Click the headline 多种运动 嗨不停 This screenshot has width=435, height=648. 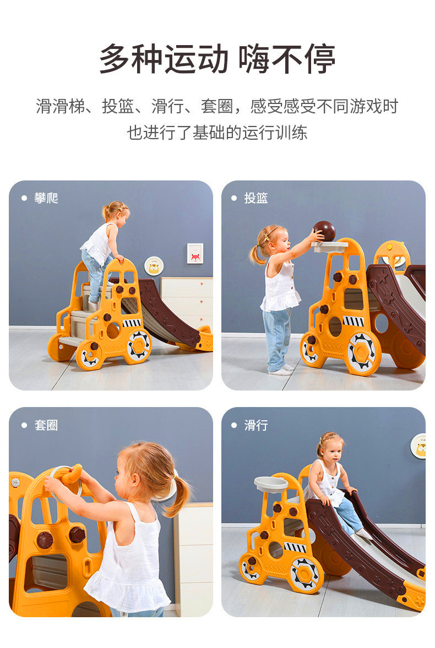coord(217,59)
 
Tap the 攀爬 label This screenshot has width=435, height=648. coord(46,199)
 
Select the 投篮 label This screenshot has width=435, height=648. coord(256,199)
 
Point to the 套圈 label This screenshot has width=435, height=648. coord(46,425)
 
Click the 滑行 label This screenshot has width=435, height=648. coord(256,425)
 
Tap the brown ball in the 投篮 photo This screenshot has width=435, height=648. coord(324,232)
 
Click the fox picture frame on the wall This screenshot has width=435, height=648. coord(195,254)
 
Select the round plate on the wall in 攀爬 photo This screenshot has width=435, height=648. coord(154,266)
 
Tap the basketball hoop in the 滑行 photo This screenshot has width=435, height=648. coord(271,484)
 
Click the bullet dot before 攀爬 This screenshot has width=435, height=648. coord(24,199)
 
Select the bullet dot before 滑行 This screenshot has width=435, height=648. coord(234,425)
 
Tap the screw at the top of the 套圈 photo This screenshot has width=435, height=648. coord(16,482)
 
